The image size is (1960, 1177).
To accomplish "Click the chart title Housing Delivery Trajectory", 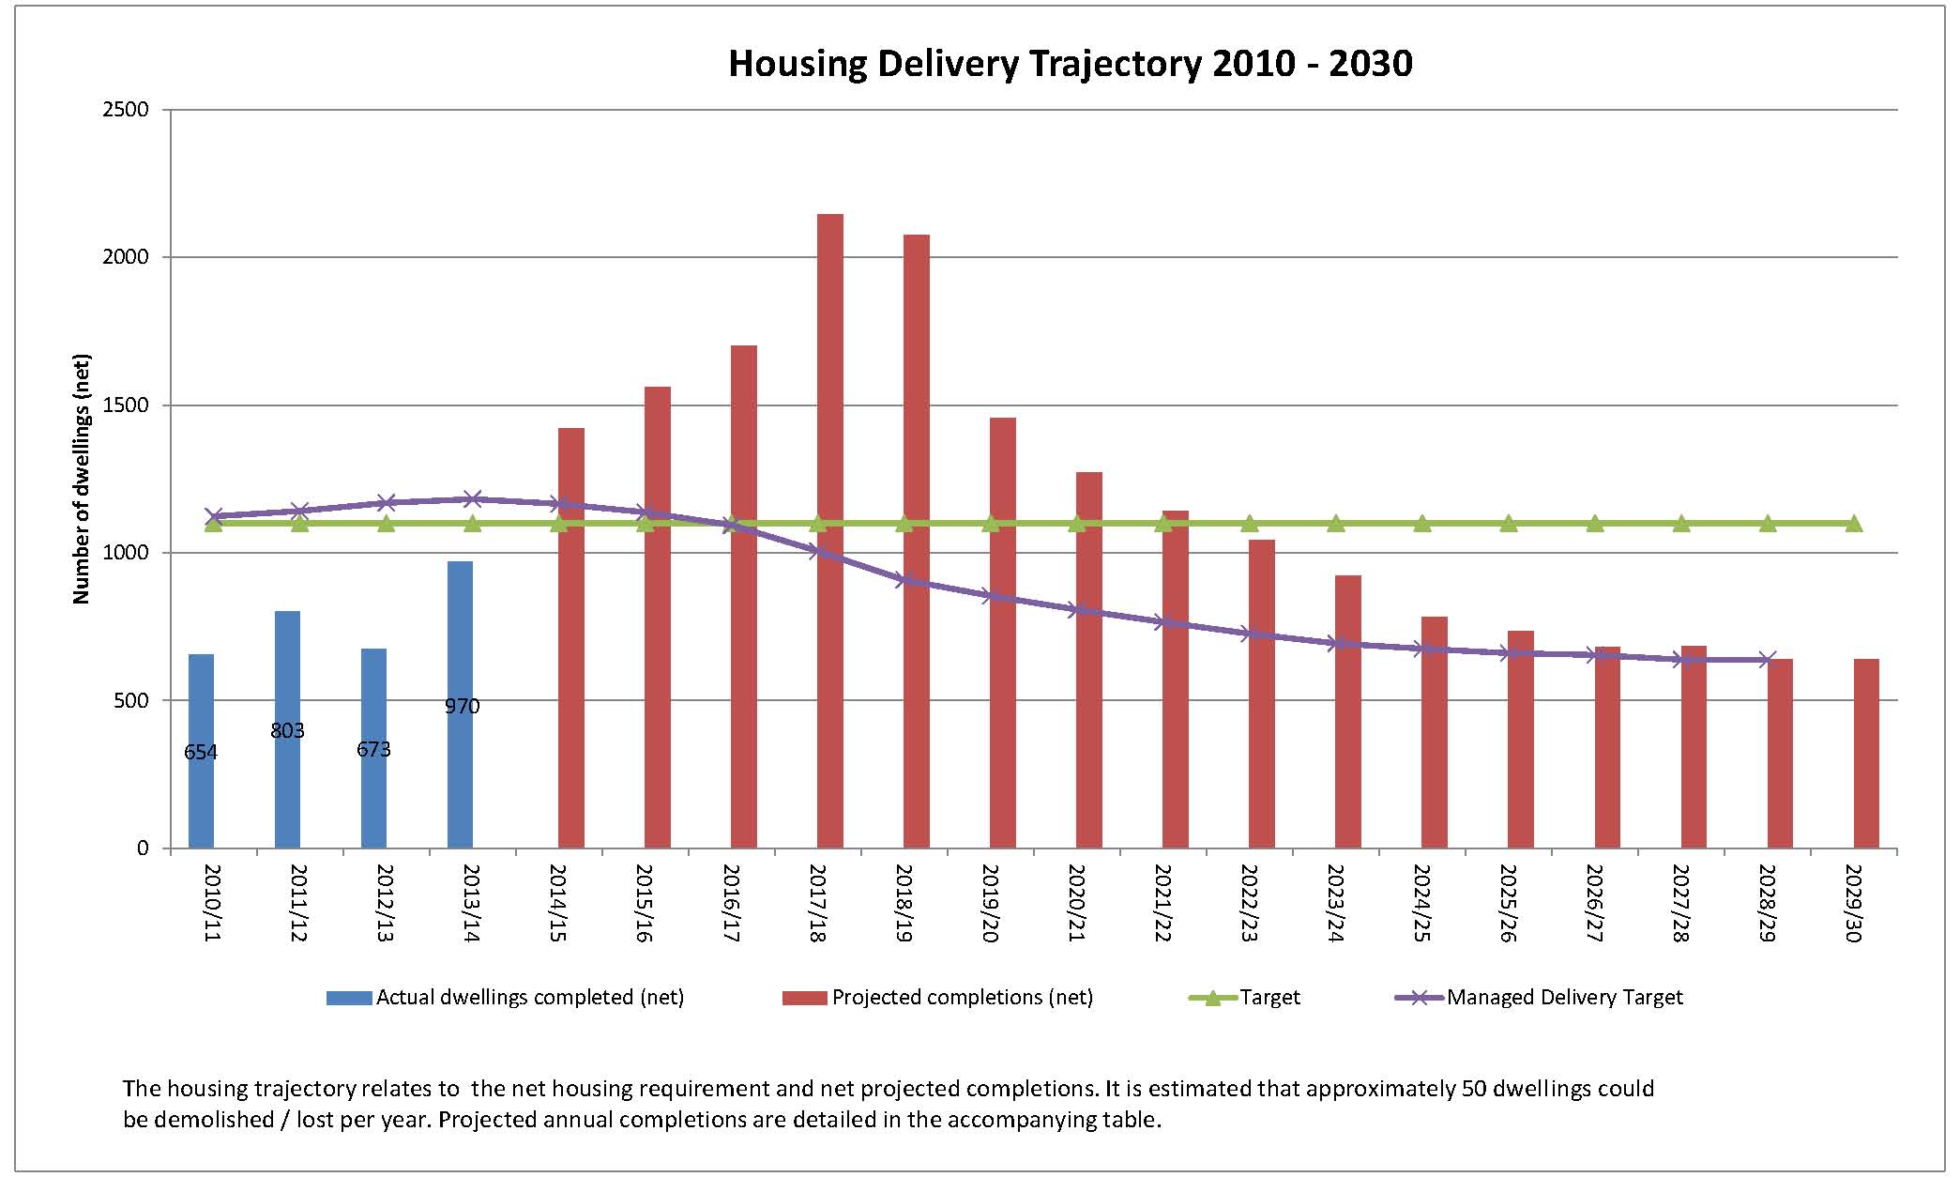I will [1070, 64].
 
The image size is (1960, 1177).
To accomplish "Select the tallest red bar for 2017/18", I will [829, 530].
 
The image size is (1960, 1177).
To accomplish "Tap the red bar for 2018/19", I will [916, 541].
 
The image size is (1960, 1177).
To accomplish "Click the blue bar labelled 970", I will [460, 704].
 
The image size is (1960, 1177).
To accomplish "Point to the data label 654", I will [201, 752].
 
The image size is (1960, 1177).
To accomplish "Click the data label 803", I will [287, 730].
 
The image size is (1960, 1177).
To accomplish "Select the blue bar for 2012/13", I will [373, 747].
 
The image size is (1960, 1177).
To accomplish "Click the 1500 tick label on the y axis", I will [129, 405].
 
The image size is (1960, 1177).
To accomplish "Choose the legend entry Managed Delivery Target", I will [1564, 998].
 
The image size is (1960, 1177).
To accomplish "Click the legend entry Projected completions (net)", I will [962, 998].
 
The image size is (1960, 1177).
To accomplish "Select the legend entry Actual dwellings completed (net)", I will [529, 998].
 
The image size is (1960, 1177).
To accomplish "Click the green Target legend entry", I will [1269, 998].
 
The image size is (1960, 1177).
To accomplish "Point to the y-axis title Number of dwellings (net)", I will [82, 479].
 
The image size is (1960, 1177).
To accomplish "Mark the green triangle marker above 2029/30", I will [1854, 524].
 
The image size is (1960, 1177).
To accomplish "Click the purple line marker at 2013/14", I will [472, 499].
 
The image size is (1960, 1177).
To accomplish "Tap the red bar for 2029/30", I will [1865, 753].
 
